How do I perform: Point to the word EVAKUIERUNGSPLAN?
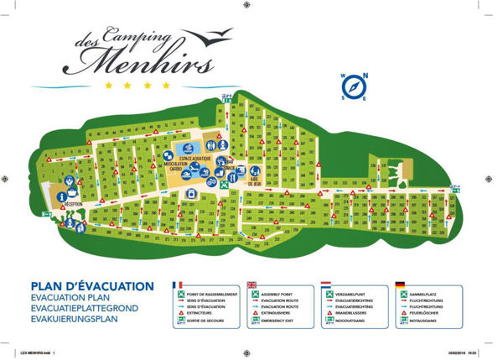coord(74,320)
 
